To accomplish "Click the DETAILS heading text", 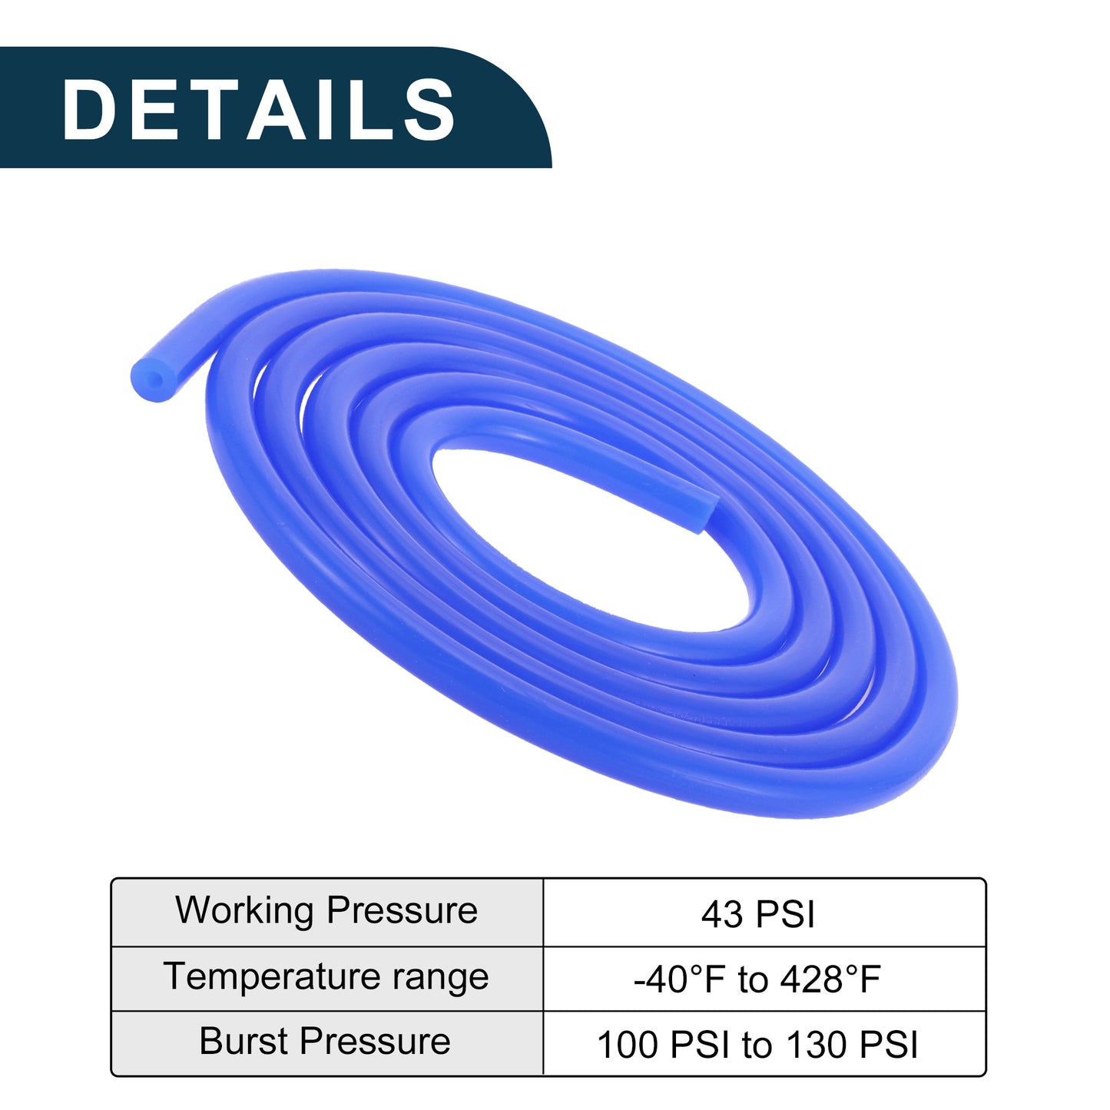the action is (x=259, y=109).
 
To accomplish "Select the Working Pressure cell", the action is (x=326, y=912).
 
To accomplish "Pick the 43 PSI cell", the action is (x=764, y=912).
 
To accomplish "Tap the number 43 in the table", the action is (x=721, y=915).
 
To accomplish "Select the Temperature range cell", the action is (x=326, y=978).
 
